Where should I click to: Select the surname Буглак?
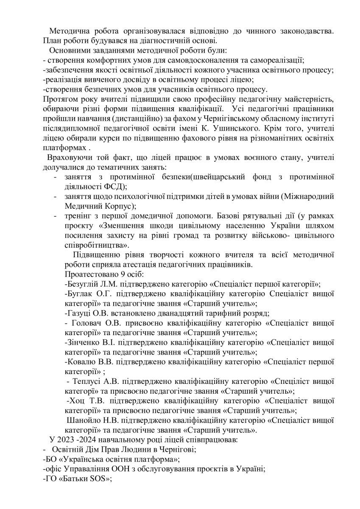point(80,294)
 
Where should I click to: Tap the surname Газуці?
point(79,313)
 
